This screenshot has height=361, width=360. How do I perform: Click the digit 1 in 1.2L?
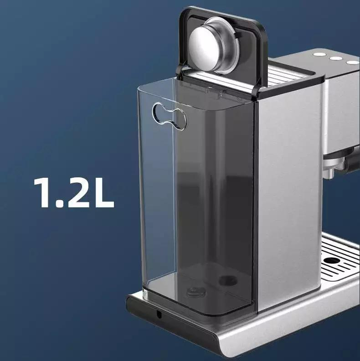[42, 192]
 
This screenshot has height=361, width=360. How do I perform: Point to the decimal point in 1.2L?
[59, 203]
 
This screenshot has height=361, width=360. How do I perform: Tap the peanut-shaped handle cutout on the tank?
[170, 116]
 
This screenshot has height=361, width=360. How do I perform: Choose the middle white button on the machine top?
[335, 58]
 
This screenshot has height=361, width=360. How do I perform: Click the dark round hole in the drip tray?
[331, 261]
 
